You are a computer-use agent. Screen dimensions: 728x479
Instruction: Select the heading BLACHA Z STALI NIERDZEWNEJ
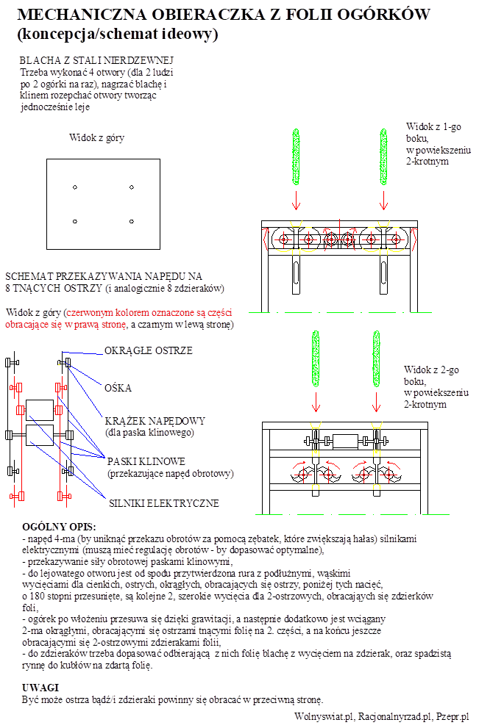pos(96,60)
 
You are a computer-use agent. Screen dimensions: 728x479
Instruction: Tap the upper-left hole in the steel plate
pos(75,187)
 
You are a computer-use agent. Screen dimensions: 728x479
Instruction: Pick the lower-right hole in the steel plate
pos(131,221)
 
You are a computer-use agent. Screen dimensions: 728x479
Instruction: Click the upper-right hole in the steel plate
pos(131,187)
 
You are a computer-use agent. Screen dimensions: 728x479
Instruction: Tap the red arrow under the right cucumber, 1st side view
pos(384,199)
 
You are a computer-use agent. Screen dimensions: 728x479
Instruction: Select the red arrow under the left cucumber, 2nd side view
pos(316,403)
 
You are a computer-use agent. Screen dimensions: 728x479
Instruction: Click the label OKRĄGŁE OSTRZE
pos(148,351)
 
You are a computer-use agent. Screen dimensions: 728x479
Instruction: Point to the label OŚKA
pos(118,388)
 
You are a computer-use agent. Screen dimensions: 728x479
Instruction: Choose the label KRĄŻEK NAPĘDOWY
pos(155,421)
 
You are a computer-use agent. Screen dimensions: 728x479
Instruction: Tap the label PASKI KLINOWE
pos(146,461)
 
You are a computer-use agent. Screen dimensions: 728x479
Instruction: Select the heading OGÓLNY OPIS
pos(59,527)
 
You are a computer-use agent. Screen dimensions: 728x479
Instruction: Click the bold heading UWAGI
pos(40,687)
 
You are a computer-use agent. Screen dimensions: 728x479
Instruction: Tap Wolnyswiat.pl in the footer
pos(323,717)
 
